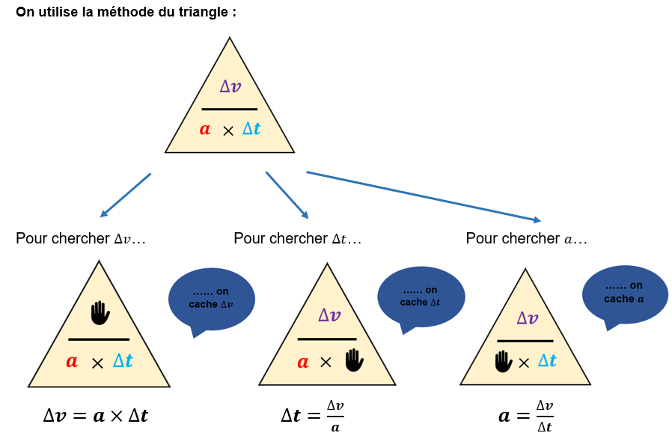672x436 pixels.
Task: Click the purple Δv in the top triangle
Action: pos(230,86)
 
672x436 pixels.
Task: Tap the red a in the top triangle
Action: pos(205,129)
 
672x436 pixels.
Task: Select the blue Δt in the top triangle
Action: pos(251,128)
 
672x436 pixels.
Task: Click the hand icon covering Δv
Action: pos(100,313)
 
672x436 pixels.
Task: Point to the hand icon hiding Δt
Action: pos(355,360)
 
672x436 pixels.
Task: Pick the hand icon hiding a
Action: pos(503,361)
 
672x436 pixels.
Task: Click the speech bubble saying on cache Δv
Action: pos(212,301)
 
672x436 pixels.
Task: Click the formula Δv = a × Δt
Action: pos(96,416)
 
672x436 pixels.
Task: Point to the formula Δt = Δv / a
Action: pos(313,416)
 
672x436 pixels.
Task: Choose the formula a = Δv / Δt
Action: pos(526,416)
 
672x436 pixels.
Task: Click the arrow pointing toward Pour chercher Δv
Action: pos(126,195)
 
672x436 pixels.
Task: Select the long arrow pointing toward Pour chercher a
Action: pos(424,196)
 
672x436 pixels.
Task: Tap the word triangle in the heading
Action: pos(204,13)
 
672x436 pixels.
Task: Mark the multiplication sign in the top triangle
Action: pos(228,131)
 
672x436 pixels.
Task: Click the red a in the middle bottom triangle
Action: pos(303,362)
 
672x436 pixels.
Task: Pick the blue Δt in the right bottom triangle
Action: pos(547,360)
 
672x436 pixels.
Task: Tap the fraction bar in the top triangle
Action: pos(230,109)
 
